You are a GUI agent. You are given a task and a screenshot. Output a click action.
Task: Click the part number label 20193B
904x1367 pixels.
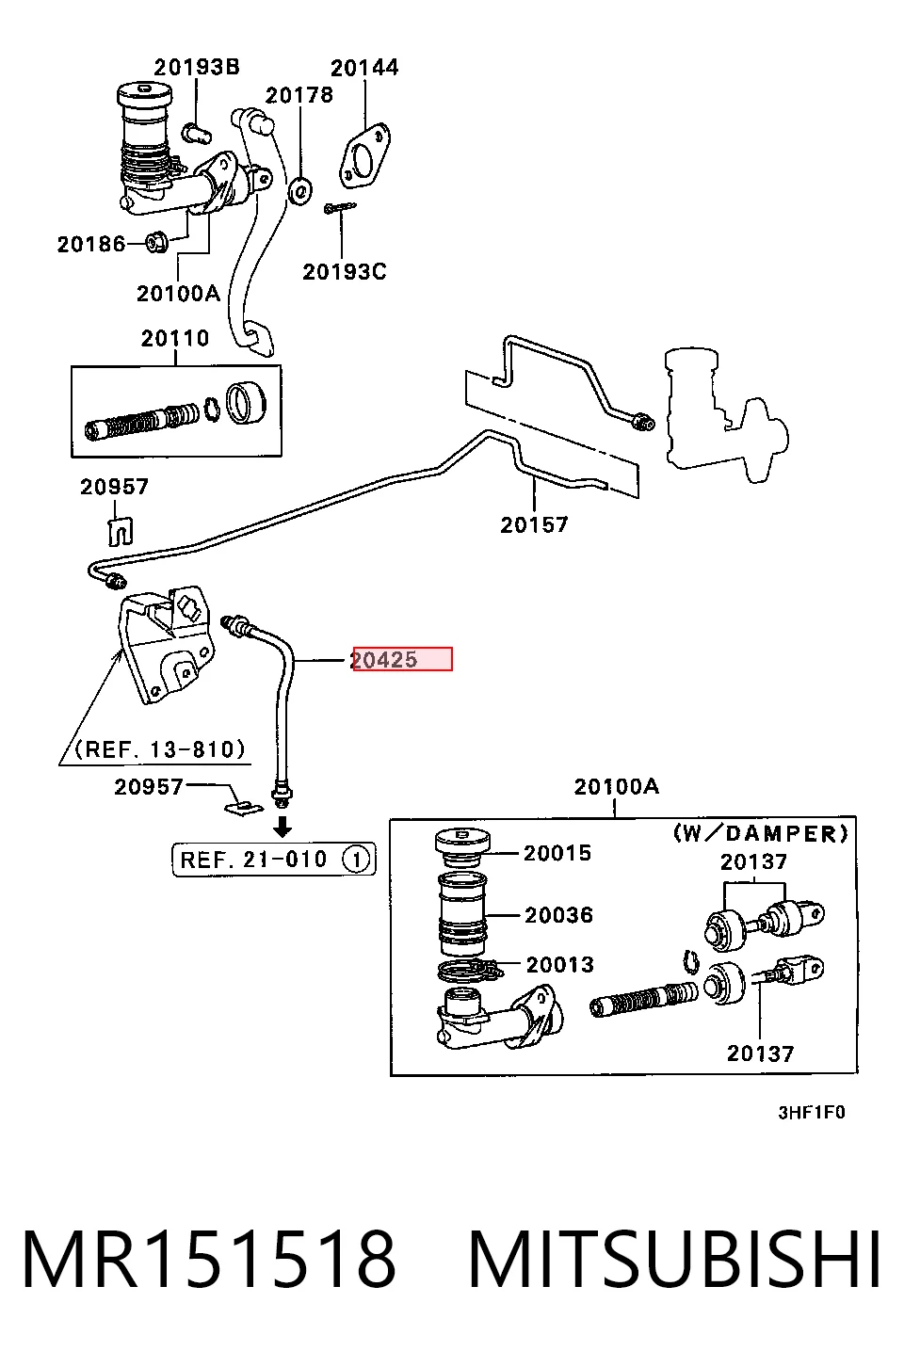[x=197, y=67]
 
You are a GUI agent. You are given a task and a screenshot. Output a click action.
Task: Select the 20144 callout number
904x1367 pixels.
[x=364, y=68]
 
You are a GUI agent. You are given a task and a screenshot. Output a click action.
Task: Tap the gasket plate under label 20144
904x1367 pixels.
[x=364, y=155]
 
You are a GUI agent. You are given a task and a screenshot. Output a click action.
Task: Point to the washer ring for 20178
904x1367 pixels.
[x=299, y=191]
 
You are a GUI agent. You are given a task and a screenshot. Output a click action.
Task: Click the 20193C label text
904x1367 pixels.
[x=345, y=272]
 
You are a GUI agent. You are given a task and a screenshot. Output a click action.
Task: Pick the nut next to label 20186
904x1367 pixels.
[x=157, y=243]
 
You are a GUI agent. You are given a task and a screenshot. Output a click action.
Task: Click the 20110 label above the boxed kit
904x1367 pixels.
[x=175, y=338]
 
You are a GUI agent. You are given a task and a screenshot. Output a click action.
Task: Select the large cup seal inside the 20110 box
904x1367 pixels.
[x=246, y=402]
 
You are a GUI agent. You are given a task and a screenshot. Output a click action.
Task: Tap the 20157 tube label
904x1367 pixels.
[x=534, y=524]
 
